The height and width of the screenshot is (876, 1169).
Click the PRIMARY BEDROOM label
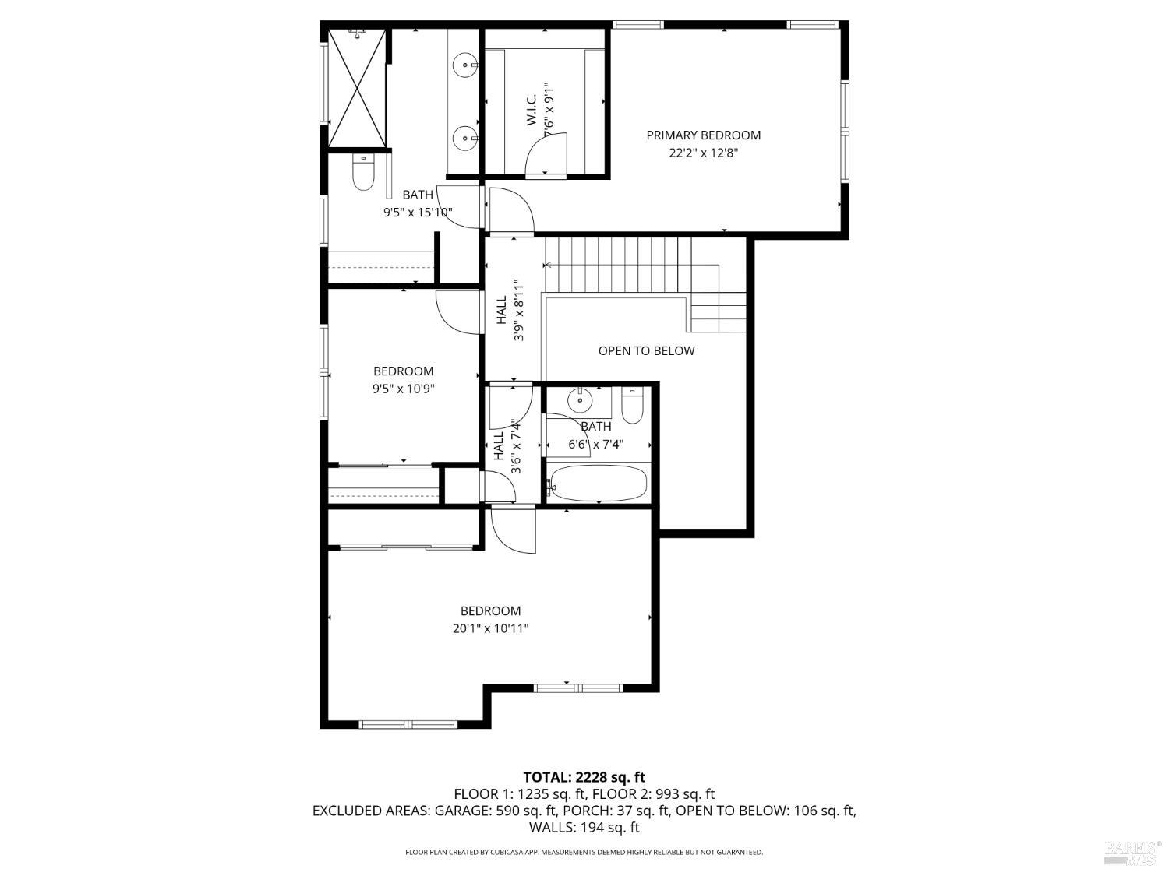coord(703,135)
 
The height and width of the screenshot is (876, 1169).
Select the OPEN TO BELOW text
coord(646,350)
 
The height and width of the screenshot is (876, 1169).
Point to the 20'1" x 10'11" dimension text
coord(490,628)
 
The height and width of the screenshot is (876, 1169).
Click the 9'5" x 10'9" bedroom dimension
coord(403,389)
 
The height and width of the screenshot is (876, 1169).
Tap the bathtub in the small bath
coord(599,484)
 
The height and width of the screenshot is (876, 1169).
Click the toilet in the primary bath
coord(363,173)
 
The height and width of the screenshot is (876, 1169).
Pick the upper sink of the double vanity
coord(465,65)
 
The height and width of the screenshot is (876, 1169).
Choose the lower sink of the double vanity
coord(465,139)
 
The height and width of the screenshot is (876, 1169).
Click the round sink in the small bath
coord(580,400)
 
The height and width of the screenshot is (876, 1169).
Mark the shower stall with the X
coord(357,88)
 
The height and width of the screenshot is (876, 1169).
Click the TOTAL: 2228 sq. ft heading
coord(584,778)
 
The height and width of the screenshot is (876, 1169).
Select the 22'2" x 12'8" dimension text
coord(703,153)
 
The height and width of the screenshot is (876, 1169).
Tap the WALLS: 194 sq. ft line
coord(584,828)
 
